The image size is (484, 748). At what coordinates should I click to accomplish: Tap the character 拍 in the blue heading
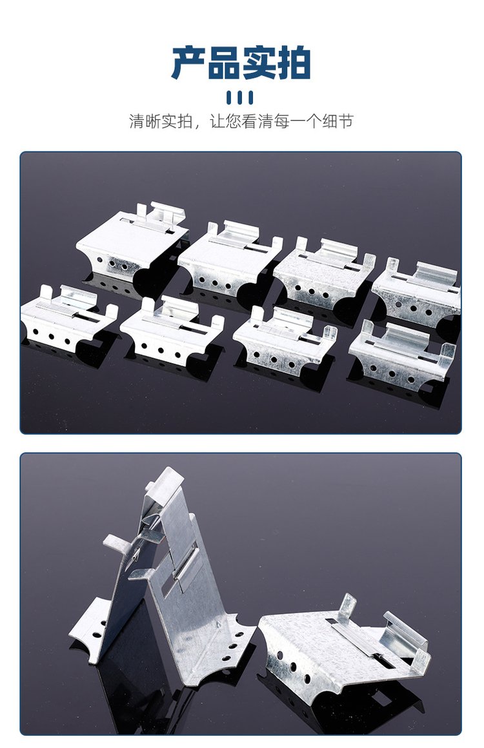coord(294,63)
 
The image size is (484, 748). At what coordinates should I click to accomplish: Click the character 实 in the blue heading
coord(259,63)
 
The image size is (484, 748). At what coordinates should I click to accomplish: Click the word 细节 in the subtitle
coord(338,121)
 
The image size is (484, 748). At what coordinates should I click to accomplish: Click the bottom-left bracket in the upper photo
coord(69,317)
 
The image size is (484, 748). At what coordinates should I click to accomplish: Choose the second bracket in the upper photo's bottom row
coord(172,329)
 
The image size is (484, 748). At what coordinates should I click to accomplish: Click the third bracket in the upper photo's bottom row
coord(285,339)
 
